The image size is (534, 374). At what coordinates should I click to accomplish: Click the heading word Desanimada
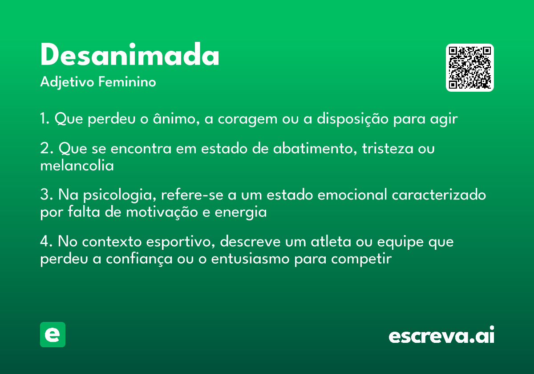click(129, 56)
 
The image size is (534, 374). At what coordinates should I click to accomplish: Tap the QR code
click(469, 68)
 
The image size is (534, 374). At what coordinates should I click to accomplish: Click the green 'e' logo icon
click(53, 334)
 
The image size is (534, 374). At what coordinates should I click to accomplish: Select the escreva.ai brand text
click(441, 336)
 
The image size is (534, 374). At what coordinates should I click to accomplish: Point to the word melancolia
click(77, 166)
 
